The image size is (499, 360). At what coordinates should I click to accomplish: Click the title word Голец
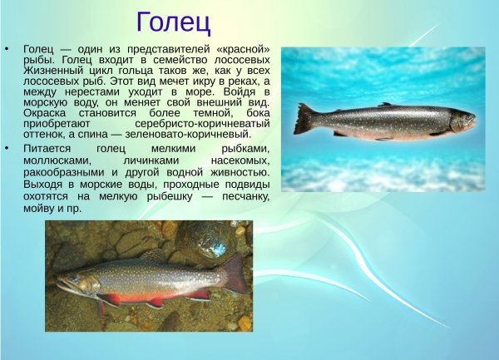173,19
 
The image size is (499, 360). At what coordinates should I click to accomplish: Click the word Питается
47,148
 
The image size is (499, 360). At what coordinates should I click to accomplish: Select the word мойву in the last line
40,208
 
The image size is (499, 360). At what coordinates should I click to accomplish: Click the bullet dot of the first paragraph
7,49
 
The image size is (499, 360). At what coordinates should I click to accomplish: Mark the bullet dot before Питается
7,148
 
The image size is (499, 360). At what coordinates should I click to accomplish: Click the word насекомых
240,160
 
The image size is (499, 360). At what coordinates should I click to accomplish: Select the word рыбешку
182,196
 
